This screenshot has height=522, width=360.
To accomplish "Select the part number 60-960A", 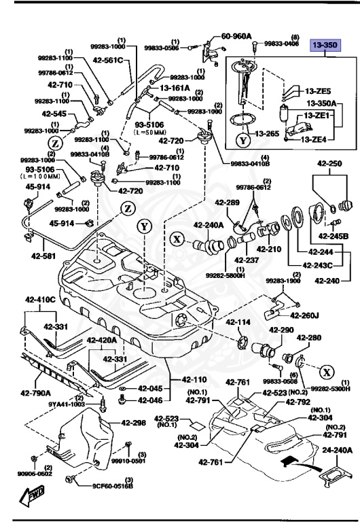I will click(236, 36).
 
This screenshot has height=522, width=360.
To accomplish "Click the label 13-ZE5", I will click(317, 90).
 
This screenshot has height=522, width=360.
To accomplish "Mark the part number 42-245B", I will click(334, 236).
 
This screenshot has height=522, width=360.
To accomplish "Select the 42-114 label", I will click(238, 322).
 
